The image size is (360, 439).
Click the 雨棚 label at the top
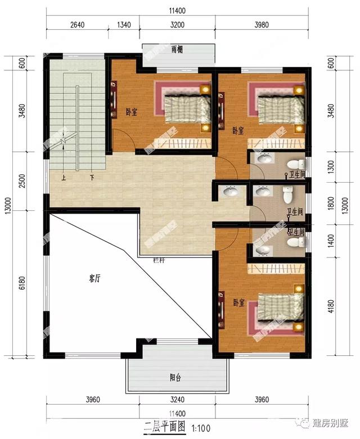[x=177, y=49]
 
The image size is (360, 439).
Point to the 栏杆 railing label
[x=159, y=261]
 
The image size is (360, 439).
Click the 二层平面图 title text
[x=164, y=428]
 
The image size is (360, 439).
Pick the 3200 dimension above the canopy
[x=177, y=24]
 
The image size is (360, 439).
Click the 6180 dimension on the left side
[x=21, y=284]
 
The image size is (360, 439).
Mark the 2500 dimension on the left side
[x=21, y=181]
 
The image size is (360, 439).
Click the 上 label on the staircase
[x=63, y=177]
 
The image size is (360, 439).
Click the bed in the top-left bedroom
[x=185, y=108]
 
